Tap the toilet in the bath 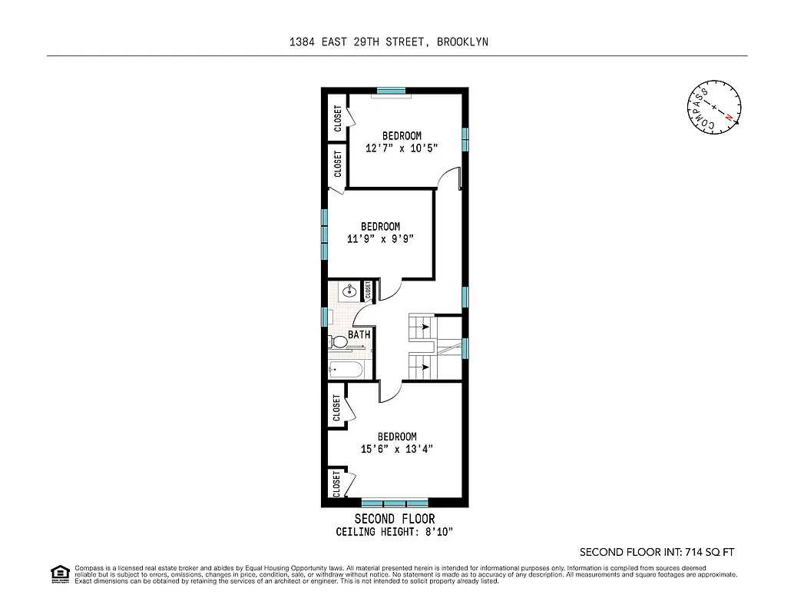pyautogui.click(x=339, y=341)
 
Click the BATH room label pyautogui.click(x=359, y=335)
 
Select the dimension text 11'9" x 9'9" pyautogui.click(x=380, y=239)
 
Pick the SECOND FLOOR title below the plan pyautogui.click(x=394, y=519)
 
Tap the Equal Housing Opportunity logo pyautogui.click(x=59, y=573)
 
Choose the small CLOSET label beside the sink pyautogui.click(x=368, y=290)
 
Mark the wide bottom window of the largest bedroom pyautogui.click(x=394, y=503)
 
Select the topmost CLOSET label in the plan pyautogui.click(x=338, y=118)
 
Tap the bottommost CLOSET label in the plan pyautogui.click(x=336, y=484)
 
